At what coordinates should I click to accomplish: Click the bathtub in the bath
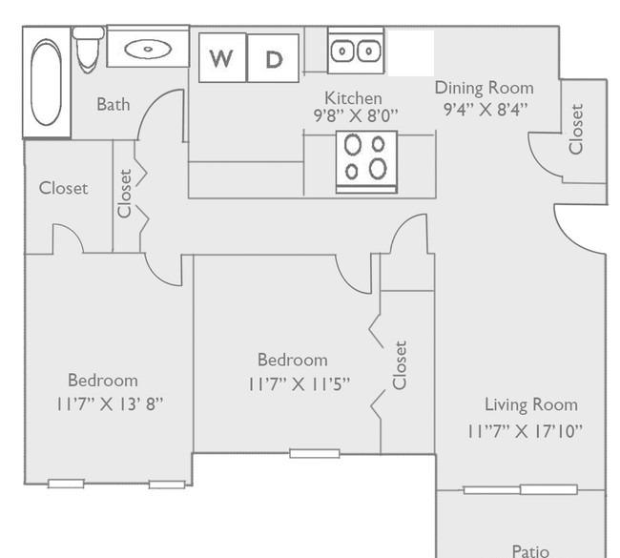(47, 82)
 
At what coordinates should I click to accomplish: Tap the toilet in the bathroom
(88, 50)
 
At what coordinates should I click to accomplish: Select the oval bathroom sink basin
(148, 49)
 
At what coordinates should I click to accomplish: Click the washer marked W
(222, 57)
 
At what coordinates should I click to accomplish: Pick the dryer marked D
(273, 58)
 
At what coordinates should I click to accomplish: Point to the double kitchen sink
(356, 51)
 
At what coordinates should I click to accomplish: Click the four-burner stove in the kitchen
(366, 162)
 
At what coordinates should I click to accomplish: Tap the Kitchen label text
(353, 97)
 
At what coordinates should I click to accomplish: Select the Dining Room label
(484, 88)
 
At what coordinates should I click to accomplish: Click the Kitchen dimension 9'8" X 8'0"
(356, 115)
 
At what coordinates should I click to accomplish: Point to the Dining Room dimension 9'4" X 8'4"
(486, 109)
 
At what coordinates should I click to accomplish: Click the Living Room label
(531, 405)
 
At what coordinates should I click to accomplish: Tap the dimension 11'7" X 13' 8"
(109, 404)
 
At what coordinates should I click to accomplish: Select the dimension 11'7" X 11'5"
(299, 384)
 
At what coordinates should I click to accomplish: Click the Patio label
(530, 551)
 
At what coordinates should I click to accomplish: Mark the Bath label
(114, 104)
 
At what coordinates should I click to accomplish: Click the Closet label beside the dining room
(576, 129)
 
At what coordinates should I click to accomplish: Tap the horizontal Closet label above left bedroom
(63, 188)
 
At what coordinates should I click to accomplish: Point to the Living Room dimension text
(526, 431)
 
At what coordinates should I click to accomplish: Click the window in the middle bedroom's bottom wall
(315, 453)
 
